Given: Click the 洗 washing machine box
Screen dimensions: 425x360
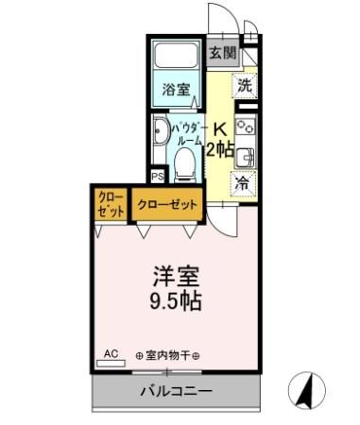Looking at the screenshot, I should click(245, 84).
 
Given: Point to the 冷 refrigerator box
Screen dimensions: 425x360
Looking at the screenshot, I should click(243, 183).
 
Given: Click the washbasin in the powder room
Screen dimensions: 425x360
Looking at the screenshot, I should click(160, 131).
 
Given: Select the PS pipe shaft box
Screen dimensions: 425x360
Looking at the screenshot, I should click(158, 176).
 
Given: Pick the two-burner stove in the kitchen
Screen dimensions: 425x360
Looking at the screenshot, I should click(245, 127).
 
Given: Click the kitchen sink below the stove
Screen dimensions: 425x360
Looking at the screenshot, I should click(245, 156).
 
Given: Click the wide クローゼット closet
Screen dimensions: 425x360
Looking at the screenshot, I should click(167, 205).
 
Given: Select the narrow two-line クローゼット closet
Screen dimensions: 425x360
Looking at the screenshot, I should click(111, 205).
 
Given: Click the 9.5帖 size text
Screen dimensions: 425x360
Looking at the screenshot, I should click(177, 304).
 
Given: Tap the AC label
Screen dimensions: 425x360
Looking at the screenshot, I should click(111, 354).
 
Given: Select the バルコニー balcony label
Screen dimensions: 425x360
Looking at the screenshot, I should click(177, 390).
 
